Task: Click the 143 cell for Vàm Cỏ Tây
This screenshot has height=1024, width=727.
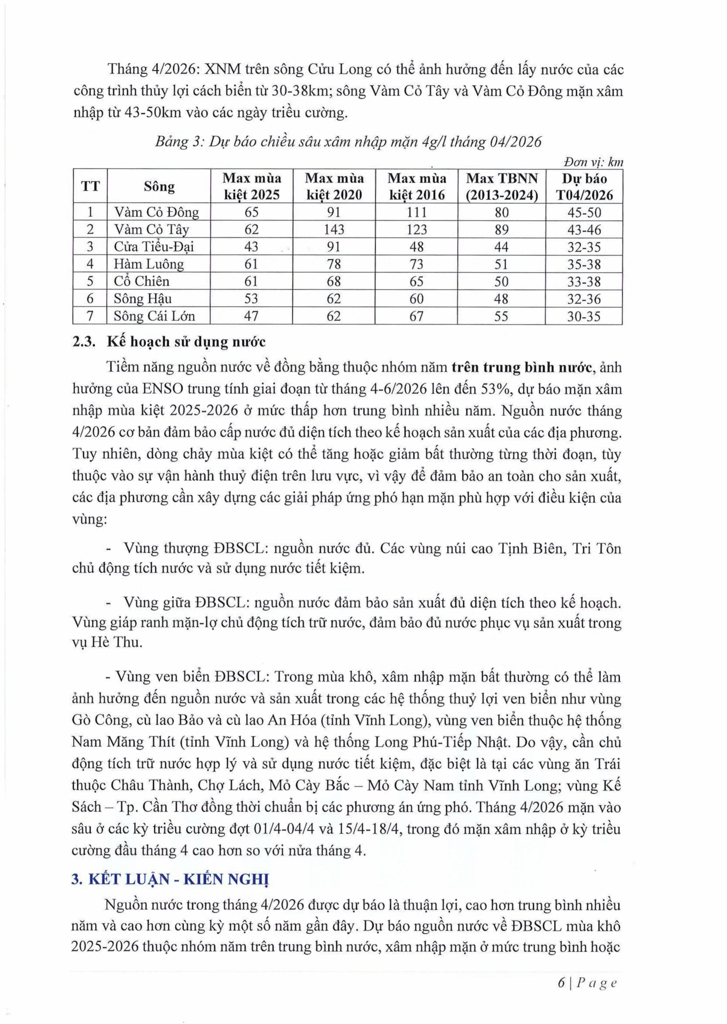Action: point(334,229)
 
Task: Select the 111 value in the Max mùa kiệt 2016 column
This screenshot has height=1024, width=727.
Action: point(416,212)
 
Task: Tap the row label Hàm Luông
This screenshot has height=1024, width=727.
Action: point(149,264)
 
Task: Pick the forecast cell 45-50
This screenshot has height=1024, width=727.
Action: point(584,212)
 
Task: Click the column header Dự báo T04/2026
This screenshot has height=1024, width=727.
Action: point(584,187)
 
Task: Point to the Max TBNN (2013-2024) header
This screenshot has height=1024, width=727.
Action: point(501,187)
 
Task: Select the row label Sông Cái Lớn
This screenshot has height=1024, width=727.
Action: point(155,316)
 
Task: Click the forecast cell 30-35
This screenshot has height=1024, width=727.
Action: point(584,316)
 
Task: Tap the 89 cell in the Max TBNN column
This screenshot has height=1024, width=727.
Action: point(501,229)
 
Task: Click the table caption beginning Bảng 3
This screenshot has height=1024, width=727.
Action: point(348,142)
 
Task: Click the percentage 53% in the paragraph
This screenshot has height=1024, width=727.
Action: point(494,389)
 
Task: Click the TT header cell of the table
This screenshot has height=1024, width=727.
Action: point(90,187)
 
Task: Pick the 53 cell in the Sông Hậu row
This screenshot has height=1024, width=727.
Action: point(251,299)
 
